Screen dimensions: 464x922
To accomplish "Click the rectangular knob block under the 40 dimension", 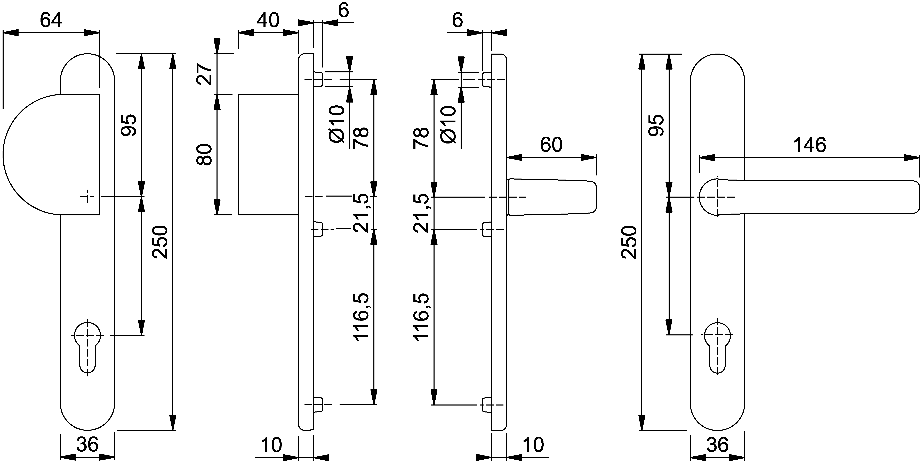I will [268, 154].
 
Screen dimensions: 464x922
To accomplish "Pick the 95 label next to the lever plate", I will [657, 125].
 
